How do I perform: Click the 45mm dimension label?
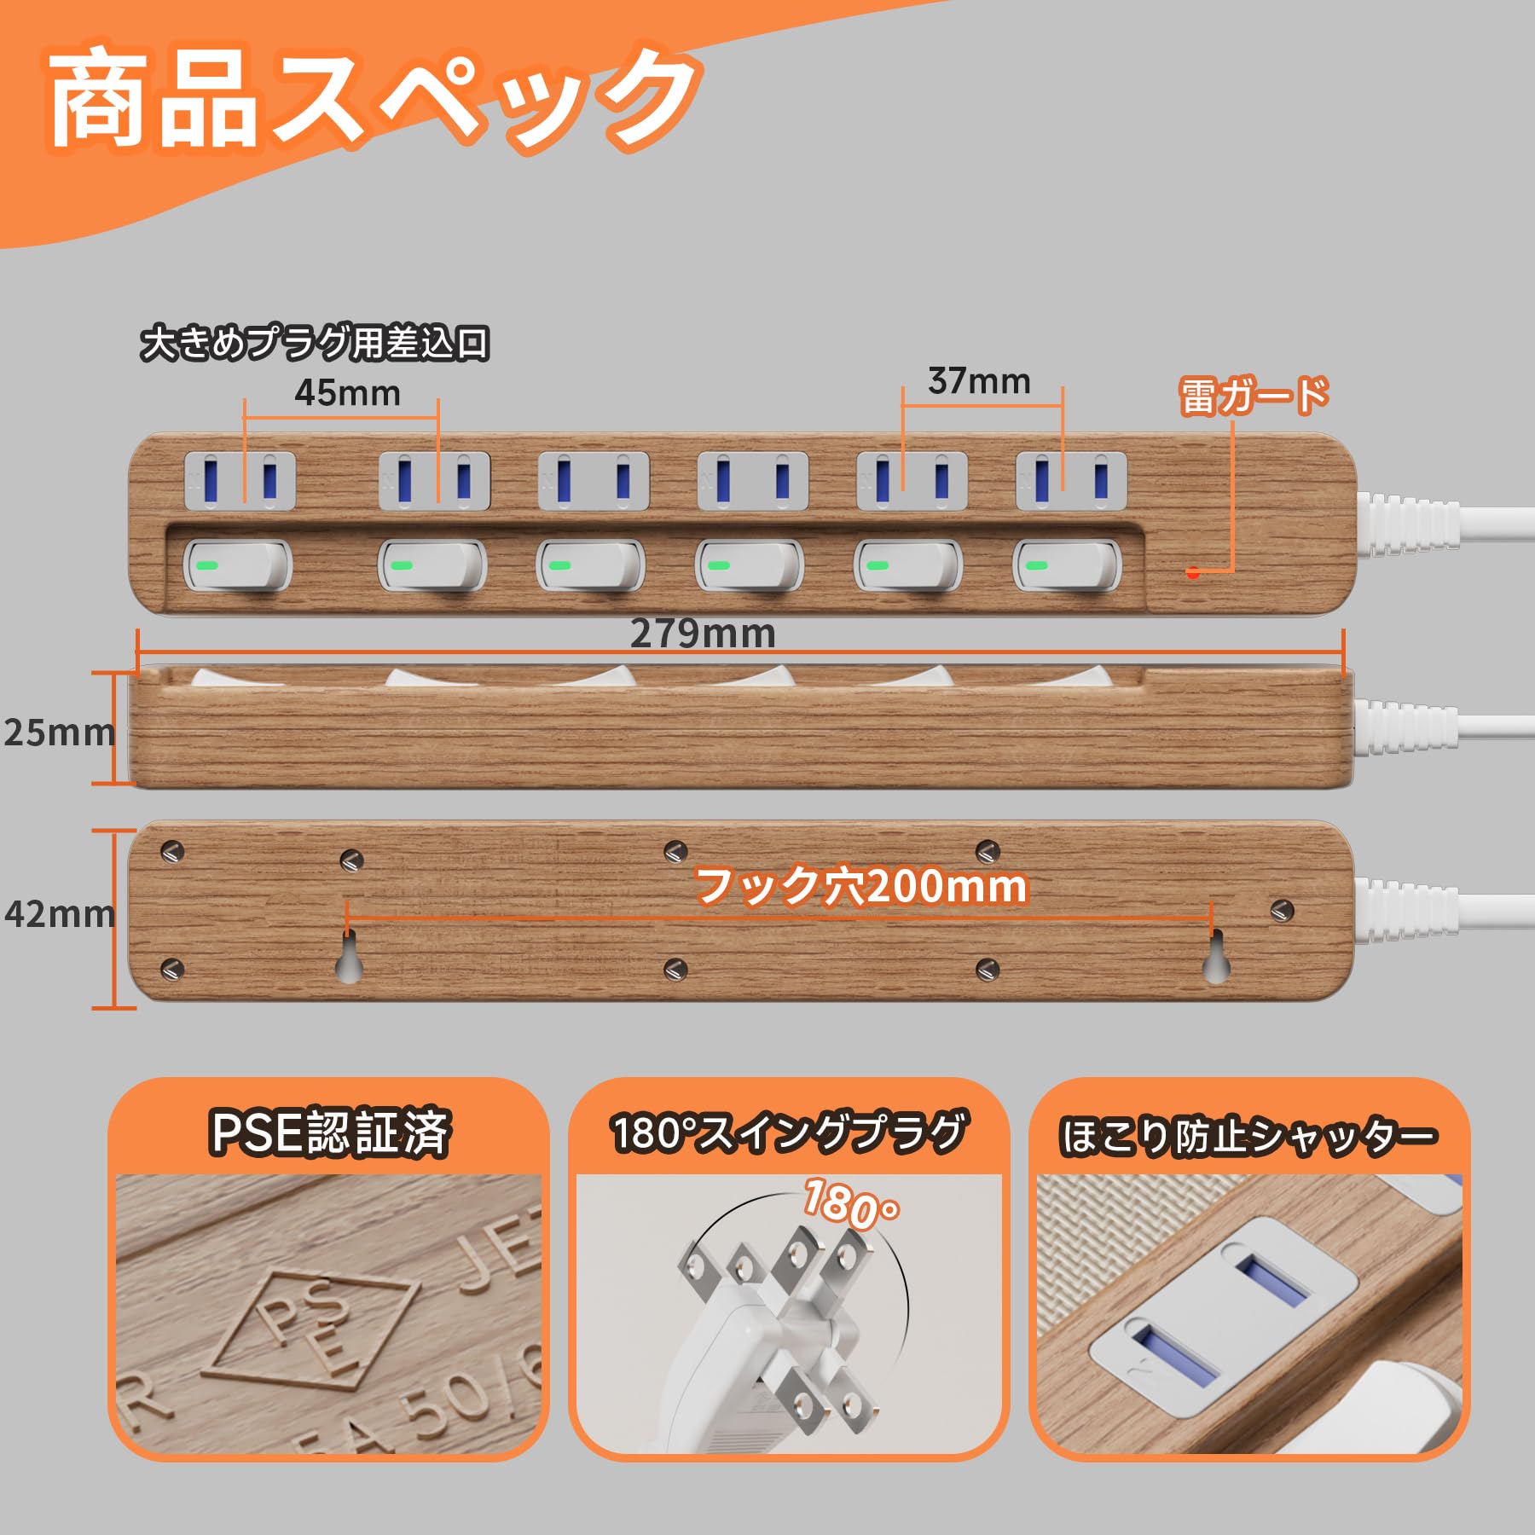pos(347,393)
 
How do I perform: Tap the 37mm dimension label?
pos(979,381)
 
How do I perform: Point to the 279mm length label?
pos(703,634)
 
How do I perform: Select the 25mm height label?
pos(59,733)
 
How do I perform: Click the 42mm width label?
pos(59,914)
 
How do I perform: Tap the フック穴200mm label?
pos(861,886)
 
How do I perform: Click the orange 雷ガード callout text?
pos(1254,397)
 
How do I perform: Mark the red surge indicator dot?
pos(1193,573)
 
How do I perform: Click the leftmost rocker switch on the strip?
pos(239,565)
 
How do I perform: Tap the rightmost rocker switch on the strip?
pos(1067,565)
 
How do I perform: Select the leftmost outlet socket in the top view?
pos(240,480)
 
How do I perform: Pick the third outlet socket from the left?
pos(594,480)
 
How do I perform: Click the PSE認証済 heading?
pos(329,1132)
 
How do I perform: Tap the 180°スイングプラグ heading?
pos(789,1132)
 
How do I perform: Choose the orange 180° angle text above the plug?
pos(849,1204)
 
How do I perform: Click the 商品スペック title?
pos(371,102)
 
